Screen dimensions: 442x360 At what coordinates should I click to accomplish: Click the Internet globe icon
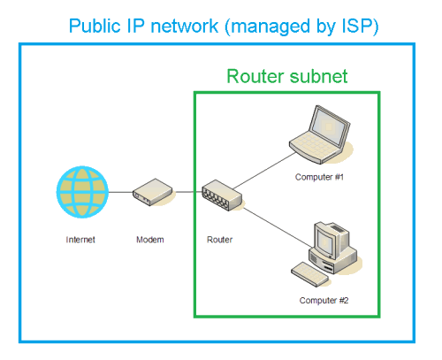click(x=82, y=192)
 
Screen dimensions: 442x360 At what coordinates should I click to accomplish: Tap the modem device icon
click(x=153, y=192)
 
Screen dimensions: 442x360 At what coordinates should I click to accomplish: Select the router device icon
click(x=222, y=195)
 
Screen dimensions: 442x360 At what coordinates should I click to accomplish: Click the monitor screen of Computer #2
click(x=325, y=241)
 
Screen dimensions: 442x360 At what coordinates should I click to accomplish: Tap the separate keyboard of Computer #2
click(x=309, y=274)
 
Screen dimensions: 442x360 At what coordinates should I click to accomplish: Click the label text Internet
click(x=80, y=240)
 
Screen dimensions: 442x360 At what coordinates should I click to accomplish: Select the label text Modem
click(x=150, y=240)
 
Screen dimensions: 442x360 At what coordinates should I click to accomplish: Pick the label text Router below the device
click(x=220, y=240)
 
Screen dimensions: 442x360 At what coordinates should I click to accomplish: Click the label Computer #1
click(x=319, y=177)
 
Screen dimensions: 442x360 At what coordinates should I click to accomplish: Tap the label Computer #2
click(x=324, y=301)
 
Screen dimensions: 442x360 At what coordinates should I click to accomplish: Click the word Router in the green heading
click(x=254, y=76)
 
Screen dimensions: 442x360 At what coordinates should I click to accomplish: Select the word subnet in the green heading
click(x=318, y=76)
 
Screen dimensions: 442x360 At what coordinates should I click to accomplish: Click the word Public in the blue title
click(x=95, y=27)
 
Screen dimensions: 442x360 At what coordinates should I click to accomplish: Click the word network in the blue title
click(x=185, y=26)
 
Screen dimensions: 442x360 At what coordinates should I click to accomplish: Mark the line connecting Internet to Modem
click(x=121, y=192)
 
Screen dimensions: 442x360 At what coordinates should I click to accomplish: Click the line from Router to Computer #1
click(x=264, y=171)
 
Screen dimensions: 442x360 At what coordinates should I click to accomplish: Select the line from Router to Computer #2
click(x=278, y=227)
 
